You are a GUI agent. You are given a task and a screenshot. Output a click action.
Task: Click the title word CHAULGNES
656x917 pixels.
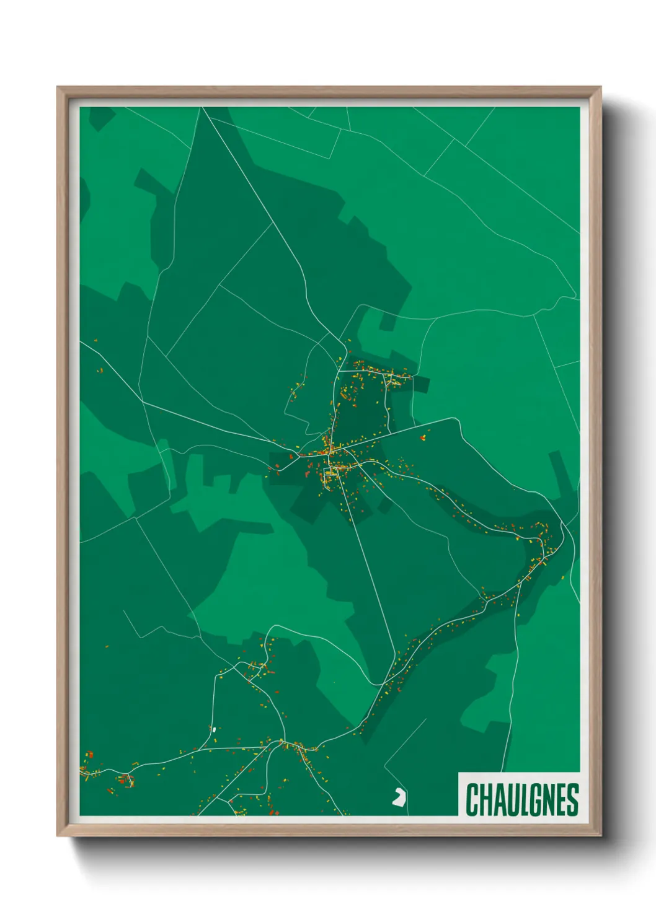point(521,799)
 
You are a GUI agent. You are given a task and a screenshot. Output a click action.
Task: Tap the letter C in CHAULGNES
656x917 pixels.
point(471,799)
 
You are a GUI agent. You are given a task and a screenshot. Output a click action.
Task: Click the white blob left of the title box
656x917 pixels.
point(399,798)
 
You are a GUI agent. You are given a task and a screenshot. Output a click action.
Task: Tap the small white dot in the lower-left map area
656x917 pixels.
point(214,729)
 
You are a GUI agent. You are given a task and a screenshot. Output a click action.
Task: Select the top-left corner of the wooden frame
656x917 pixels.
point(58,88)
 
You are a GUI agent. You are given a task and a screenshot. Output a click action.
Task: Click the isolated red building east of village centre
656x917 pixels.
point(423,437)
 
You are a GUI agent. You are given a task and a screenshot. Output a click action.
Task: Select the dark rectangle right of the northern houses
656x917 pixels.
point(420,385)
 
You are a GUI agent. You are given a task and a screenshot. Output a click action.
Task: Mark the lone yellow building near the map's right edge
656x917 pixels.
point(562,578)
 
